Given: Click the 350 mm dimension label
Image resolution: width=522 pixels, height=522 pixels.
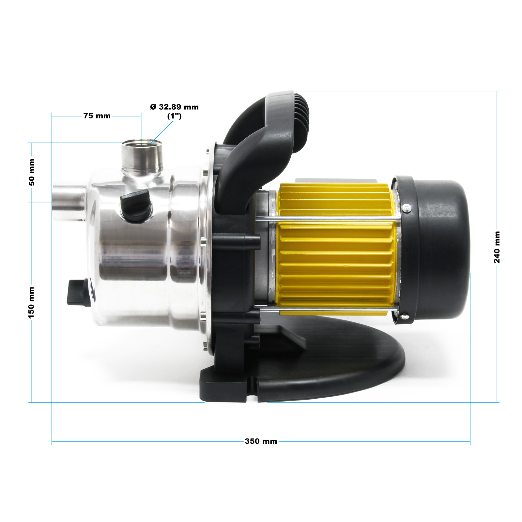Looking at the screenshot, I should click(261, 441).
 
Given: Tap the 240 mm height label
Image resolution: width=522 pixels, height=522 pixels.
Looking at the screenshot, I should click(497, 247).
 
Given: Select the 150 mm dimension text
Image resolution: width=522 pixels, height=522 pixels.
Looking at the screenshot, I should click(31, 302).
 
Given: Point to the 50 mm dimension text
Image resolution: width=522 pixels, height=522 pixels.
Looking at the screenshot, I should click(32, 172).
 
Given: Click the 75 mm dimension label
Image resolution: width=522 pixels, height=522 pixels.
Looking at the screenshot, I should click(97, 116).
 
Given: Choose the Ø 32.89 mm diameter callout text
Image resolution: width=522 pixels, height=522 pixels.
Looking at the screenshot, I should click(174, 107).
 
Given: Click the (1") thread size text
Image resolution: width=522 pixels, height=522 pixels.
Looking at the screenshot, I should click(174, 116).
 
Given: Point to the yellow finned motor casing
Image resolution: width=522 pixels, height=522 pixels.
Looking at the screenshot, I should click(336, 254).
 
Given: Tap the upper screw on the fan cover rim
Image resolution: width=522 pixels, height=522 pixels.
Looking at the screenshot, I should click(407, 208).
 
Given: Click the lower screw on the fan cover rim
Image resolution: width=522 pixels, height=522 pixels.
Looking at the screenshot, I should click(404, 316).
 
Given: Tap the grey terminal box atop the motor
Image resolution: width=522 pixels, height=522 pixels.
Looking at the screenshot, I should click(336, 180).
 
